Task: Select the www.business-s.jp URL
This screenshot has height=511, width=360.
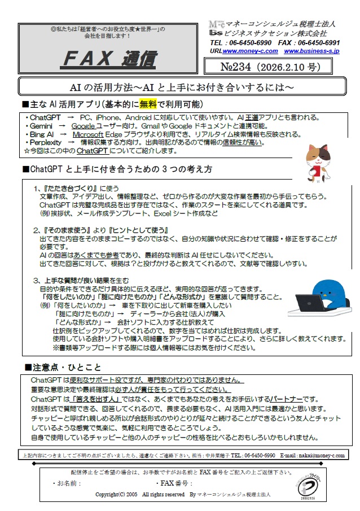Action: tap(311, 51)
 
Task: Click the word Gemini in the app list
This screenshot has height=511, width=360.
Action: tap(41, 126)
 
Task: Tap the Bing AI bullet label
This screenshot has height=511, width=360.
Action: tap(42, 134)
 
